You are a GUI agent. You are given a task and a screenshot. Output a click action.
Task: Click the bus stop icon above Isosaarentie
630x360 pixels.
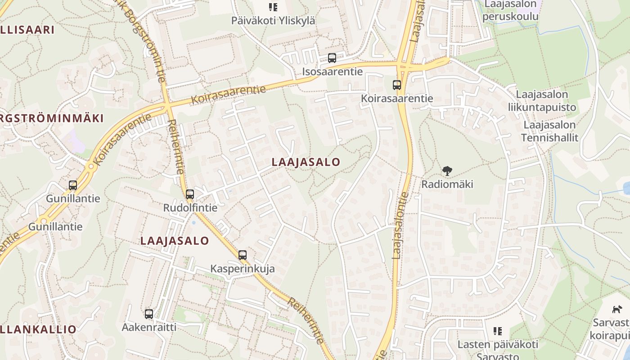[x=332, y=58]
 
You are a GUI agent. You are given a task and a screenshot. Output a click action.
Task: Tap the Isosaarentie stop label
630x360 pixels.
[x=332, y=72]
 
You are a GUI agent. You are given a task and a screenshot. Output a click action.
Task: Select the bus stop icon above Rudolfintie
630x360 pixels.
[x=190, y=194]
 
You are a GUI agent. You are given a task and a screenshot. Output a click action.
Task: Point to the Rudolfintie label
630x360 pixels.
[x=190, y=208]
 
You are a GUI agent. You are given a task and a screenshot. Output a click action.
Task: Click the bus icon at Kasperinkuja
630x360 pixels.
[x=243, y=255]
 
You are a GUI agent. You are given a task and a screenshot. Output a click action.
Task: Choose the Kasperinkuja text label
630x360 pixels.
[x=243, y=269]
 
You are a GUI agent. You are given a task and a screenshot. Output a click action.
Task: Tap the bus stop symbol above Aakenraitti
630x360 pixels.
[x=149, y=314]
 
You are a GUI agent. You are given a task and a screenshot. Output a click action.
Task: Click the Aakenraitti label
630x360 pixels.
[x=149, y=327]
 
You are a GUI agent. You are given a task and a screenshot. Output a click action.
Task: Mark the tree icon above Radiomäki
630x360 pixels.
[x=447, y=171]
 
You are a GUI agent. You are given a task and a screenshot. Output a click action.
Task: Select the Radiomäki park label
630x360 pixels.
[x=447, y=184]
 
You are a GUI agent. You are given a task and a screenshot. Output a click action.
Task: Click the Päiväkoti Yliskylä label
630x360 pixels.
[x=273, y=21]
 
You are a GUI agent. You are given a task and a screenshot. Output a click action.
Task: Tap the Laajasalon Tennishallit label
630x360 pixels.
[x=549, y=131]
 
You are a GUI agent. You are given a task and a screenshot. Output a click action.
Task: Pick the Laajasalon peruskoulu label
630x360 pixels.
[x=510, y=11]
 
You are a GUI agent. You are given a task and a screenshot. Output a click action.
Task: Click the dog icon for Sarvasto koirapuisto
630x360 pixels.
[x=616, y=309]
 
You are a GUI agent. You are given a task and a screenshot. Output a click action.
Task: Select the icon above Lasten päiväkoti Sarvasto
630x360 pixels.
[x=498, y=332]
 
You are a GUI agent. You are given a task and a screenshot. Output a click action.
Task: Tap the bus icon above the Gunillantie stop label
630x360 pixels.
[x=73, y=185]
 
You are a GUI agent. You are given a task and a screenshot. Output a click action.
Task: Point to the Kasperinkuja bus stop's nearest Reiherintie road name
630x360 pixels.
[x=306, y=320]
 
